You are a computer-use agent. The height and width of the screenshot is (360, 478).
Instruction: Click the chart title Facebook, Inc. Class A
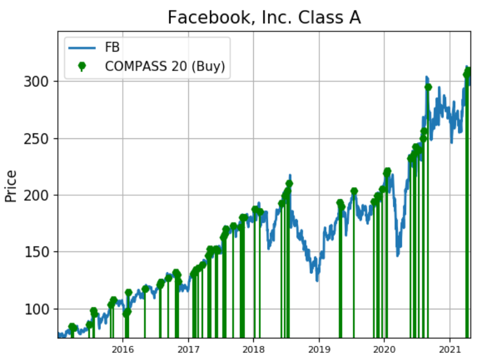264,17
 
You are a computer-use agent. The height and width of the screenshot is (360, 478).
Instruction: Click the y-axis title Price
11,186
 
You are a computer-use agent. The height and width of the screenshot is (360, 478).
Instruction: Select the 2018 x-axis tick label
253,349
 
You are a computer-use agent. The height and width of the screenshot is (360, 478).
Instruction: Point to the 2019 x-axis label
319,349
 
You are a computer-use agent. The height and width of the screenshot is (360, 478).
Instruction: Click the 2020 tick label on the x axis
384,349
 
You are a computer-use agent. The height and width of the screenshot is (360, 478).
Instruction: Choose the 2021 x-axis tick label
450,349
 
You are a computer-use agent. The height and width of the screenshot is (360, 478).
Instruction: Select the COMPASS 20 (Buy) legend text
164,66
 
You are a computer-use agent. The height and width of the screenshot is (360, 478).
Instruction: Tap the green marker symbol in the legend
82,66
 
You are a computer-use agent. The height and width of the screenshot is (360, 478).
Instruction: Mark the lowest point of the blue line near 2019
317,280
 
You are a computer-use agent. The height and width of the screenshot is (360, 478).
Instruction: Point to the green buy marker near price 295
428,87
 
